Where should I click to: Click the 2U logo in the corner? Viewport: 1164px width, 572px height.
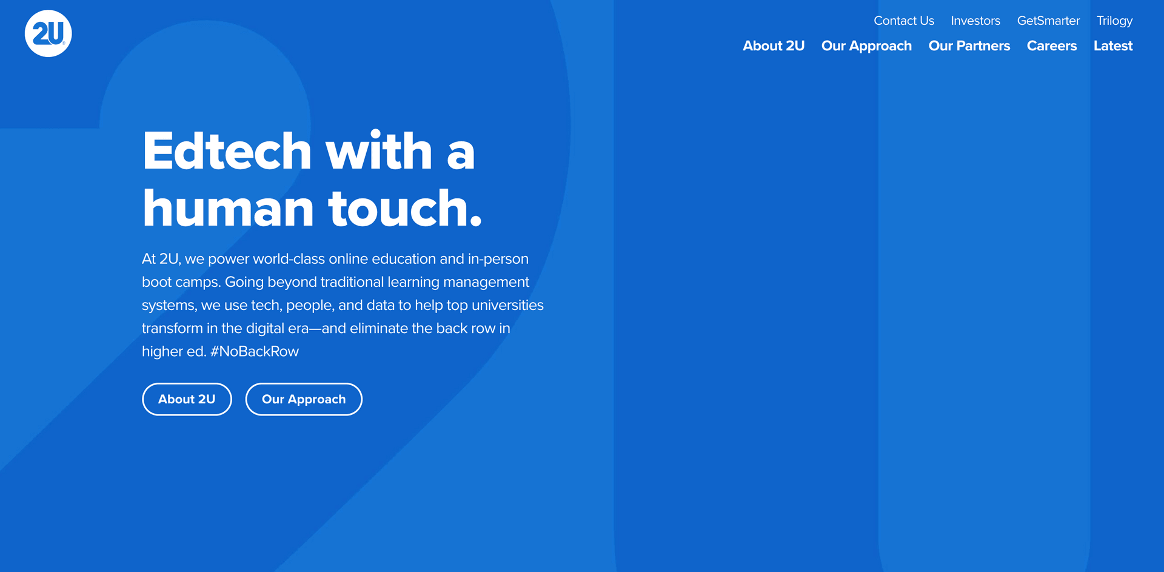click(48, 33)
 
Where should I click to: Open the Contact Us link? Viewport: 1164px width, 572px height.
click(904, 21)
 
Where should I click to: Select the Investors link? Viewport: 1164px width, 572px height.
click(975, 21)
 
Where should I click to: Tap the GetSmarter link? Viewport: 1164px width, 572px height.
click(1048, 21)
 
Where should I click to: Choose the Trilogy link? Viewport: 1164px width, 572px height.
click(1114, 21)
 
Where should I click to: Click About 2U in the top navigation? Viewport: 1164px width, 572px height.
click(774, 46)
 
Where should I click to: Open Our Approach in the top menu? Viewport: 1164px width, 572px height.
click(866, 47)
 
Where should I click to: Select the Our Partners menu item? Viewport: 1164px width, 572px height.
click(969, 46)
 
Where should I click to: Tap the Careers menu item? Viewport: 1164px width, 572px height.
click(1052, 46)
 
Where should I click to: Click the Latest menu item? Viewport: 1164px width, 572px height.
click(1113, 46)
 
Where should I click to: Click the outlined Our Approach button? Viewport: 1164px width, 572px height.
click(304, 399)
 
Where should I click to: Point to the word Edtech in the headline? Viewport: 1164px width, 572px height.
click(227, 151)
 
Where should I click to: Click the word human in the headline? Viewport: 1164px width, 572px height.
click(229, 208)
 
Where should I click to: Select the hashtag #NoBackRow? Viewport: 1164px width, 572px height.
click(255, 352)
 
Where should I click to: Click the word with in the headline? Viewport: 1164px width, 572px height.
click(379, 151)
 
